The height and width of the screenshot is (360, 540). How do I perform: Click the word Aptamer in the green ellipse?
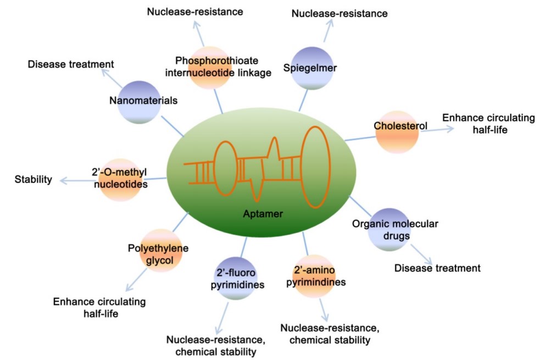tap(263, 214)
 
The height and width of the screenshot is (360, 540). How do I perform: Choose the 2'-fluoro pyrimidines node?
tap(235, 278)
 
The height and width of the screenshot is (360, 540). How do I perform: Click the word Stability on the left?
tap(33, 179)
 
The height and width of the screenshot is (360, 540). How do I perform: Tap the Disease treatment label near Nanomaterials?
tap(71, 64)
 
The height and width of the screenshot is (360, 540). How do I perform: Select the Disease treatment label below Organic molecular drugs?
tap(437, 268)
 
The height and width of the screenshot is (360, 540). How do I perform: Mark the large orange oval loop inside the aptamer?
tap(316, 167)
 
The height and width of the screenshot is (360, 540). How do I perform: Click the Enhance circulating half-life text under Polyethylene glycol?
tap(99, 307)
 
